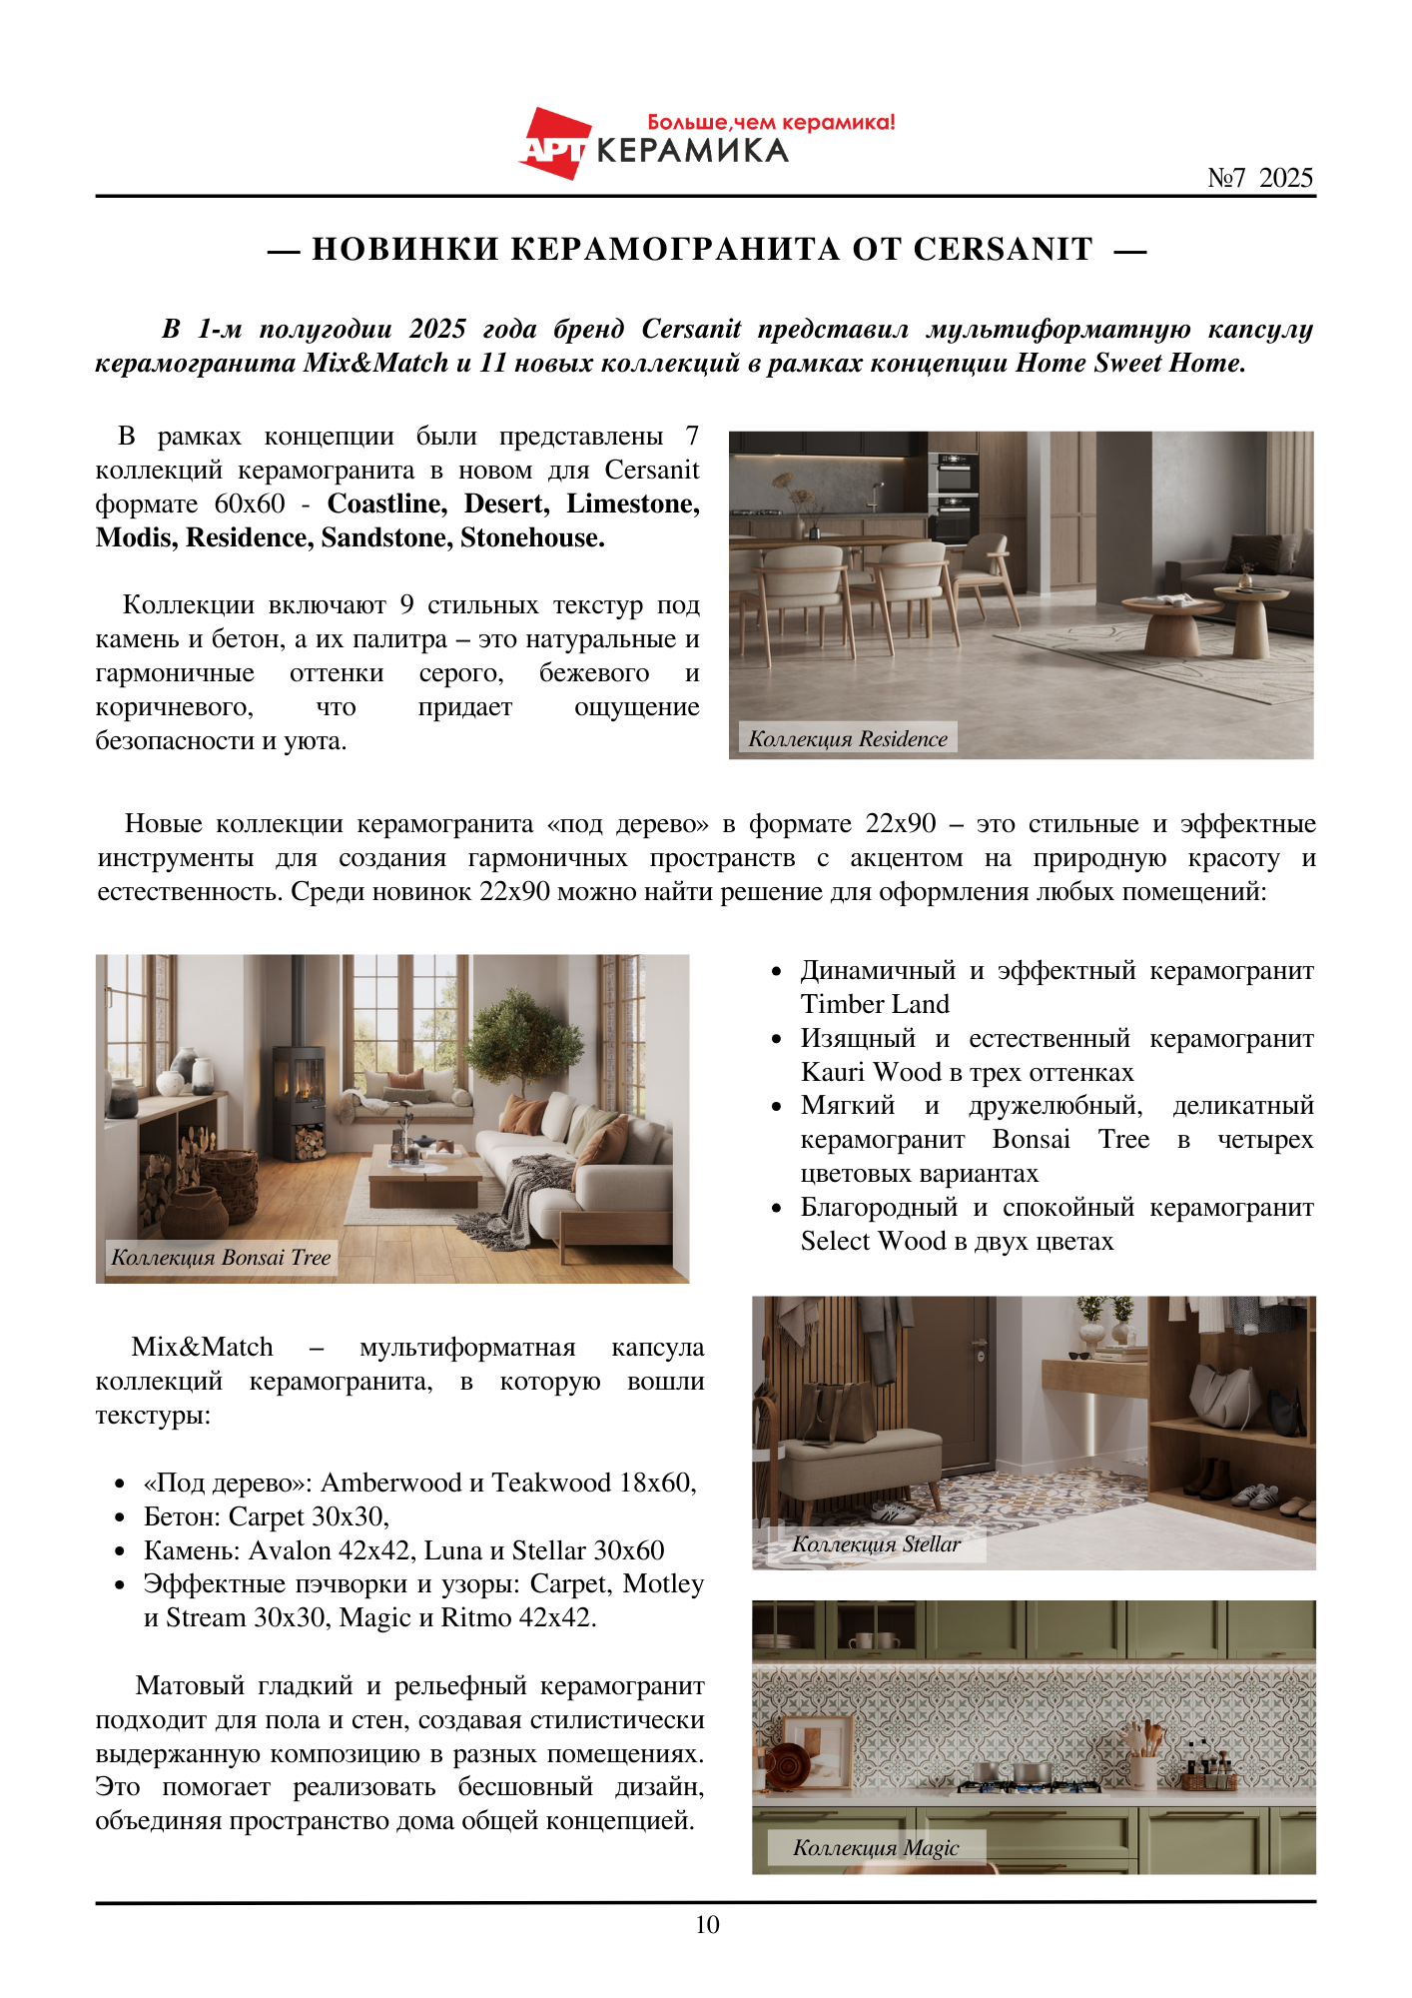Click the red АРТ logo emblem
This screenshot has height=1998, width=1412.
[554, 144]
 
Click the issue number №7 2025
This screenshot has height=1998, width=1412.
[1259, 178]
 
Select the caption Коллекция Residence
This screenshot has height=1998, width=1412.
[848, 738]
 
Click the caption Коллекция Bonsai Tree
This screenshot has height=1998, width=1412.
[221, 1257]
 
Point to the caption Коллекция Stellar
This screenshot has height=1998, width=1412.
[876, 1543]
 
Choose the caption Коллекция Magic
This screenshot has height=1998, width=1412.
[876, 1847]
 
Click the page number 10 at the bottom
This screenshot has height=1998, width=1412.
[707, 1924]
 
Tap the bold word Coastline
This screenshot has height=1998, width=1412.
[386, 503]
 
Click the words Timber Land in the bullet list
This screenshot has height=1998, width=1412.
[875, 1004]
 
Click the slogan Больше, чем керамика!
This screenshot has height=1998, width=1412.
[771, 122]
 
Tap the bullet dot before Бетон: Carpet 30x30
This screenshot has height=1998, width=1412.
[120, 1517]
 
